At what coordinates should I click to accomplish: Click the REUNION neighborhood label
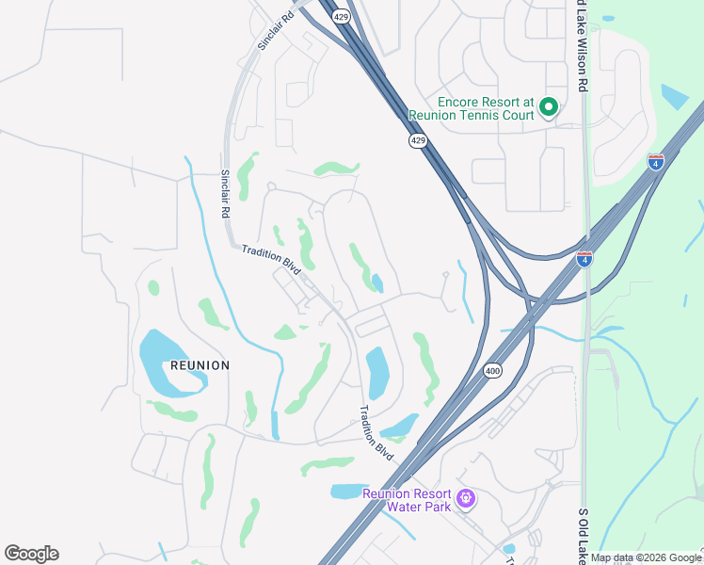[x=200, y=365]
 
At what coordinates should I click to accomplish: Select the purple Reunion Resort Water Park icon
[x=464, y=497]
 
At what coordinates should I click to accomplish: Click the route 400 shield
[x=494, y=371]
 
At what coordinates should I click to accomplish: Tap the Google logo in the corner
[x=31, y=554]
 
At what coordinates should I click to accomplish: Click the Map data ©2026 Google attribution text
[x=646, y=557]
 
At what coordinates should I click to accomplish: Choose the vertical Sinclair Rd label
[x=226, y=193]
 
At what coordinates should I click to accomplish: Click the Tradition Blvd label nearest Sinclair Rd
[x=270, y=260]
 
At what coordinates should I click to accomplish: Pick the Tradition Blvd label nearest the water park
[x=377, y=432]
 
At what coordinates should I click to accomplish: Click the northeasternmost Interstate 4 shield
[x=656, y=162]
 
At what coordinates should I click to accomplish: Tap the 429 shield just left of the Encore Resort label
[x=417, y=140]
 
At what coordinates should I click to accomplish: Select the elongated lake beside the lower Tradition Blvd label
[x=377, y=372]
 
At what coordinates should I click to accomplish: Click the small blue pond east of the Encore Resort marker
[x=674, y=97]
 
